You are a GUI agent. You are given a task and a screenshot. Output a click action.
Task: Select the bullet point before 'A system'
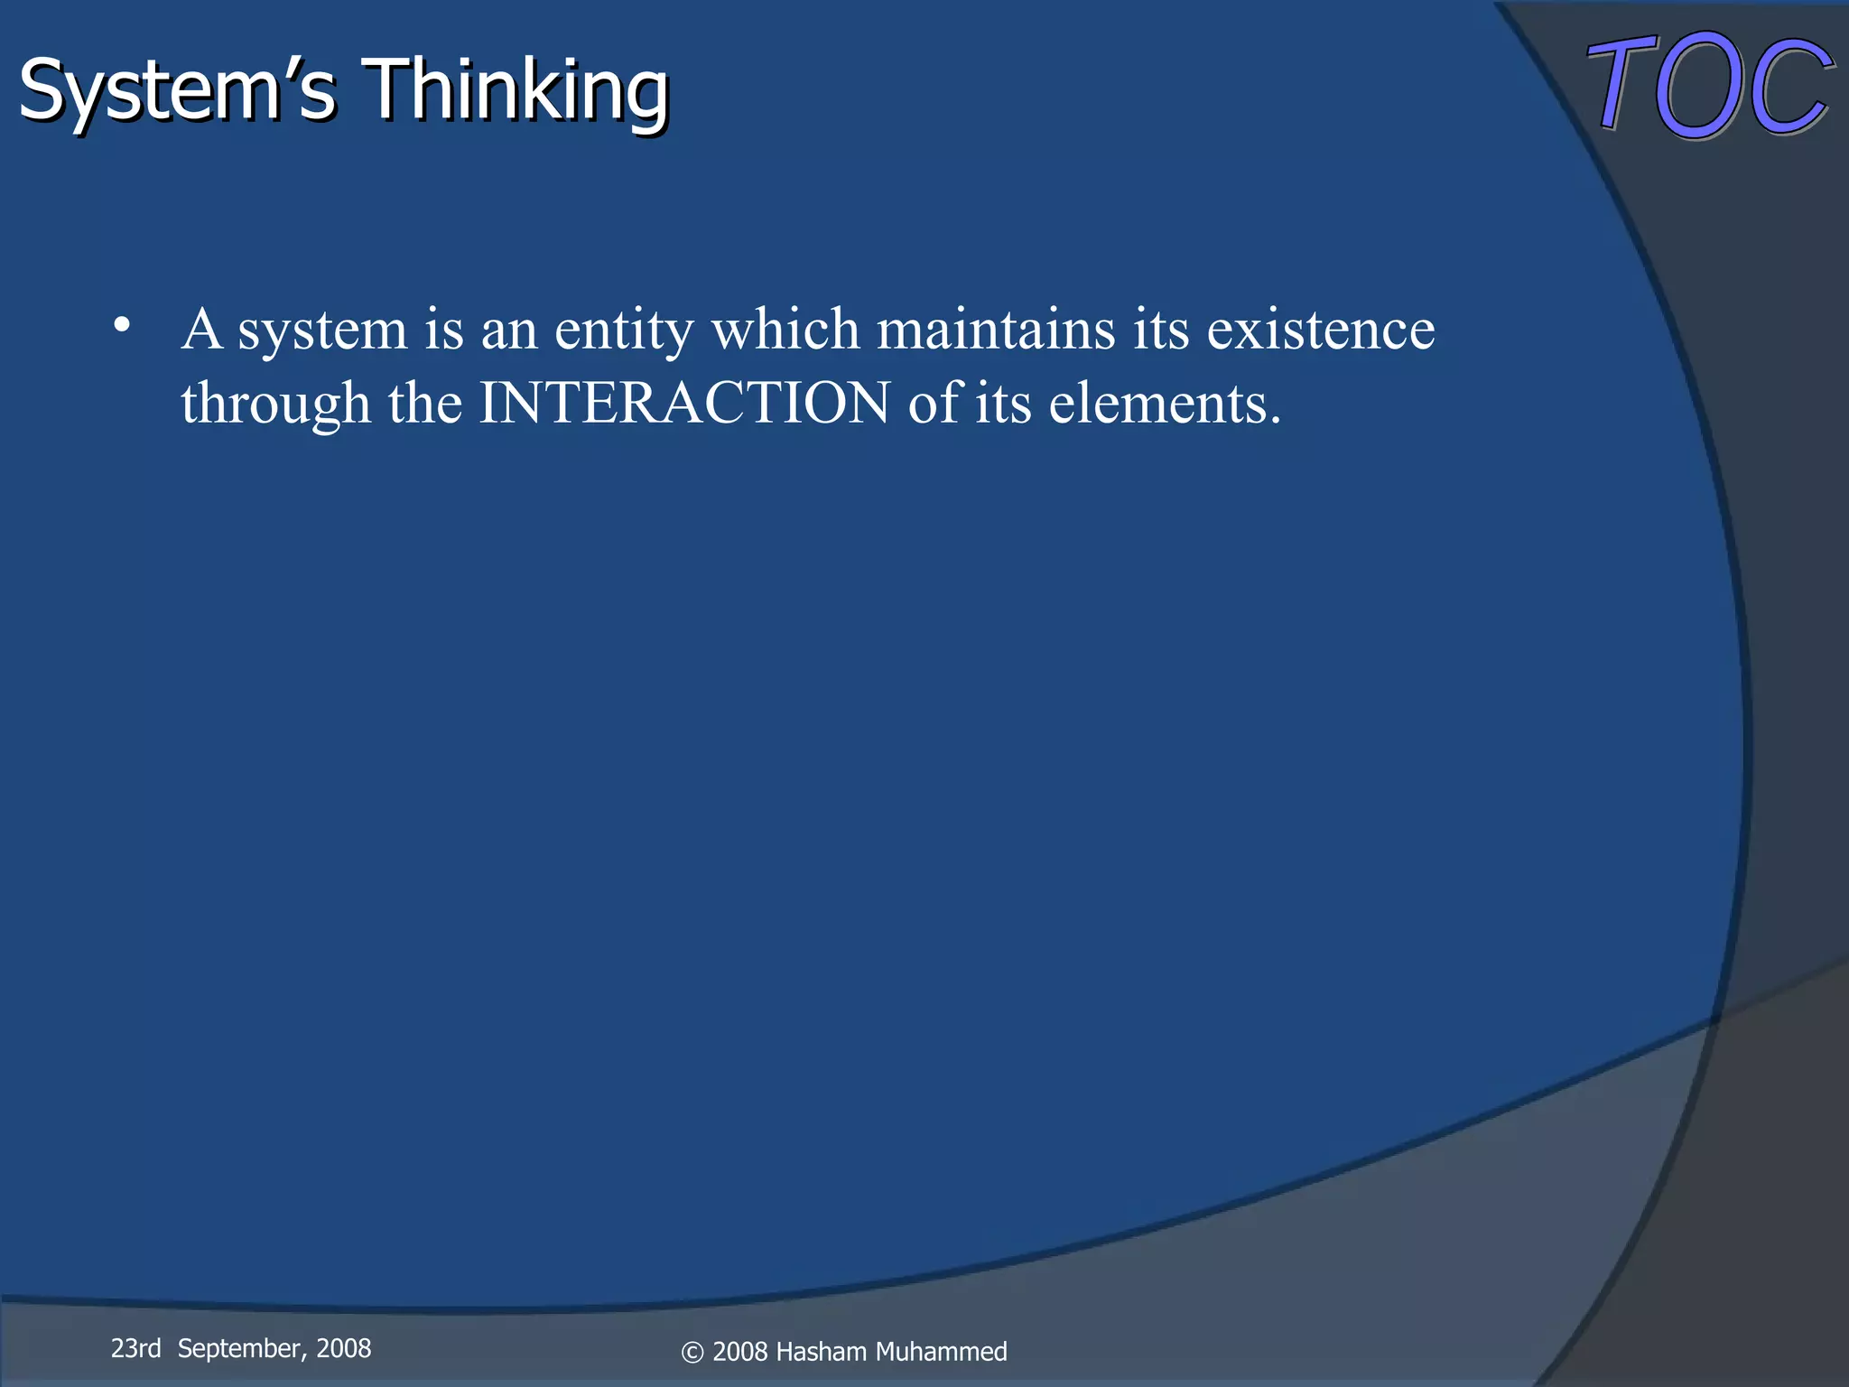point(123,325)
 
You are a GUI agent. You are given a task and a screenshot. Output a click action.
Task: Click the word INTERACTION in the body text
point(684,403)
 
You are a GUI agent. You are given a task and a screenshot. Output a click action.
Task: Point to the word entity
point(623,330)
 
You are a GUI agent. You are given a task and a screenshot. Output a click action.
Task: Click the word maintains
point(996,329)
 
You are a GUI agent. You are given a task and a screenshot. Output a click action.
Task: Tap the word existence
point(1320,329)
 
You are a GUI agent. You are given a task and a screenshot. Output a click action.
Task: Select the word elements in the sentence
point(1165,403)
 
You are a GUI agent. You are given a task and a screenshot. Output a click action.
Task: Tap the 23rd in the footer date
point(135,1348)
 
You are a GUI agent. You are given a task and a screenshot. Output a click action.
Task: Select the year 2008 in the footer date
point(343,1348)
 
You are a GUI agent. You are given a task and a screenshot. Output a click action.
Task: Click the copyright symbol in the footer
point(692,1353)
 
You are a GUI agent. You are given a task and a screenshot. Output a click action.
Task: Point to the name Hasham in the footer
point(822,1352)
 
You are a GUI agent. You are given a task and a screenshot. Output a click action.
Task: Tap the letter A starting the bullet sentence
point(201,329)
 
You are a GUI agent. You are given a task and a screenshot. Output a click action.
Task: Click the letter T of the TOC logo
point(1621,86)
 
